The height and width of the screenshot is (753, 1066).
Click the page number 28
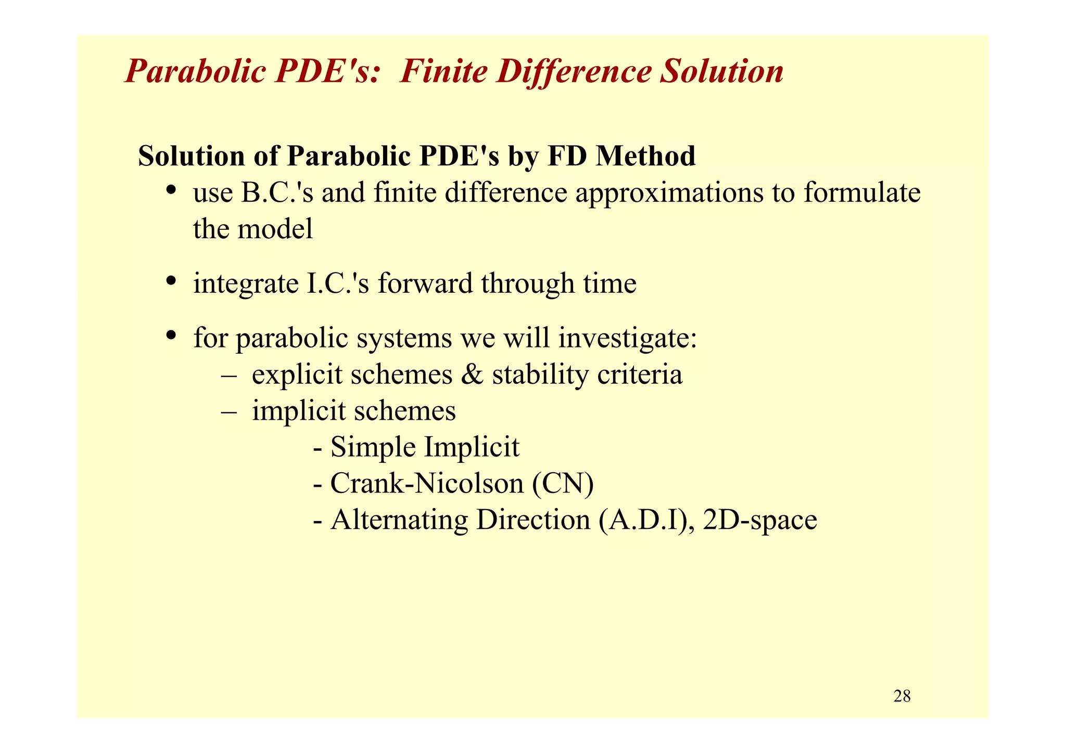902,696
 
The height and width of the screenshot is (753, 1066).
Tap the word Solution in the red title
721,71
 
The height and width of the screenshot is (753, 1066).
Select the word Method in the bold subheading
645,156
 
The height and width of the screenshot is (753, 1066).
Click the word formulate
862,193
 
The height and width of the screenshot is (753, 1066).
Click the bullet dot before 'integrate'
170,281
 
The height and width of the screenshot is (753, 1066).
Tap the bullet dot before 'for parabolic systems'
170,335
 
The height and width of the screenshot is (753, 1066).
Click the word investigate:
628,339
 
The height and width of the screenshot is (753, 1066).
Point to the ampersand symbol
472,375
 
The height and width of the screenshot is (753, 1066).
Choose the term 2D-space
759,521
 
